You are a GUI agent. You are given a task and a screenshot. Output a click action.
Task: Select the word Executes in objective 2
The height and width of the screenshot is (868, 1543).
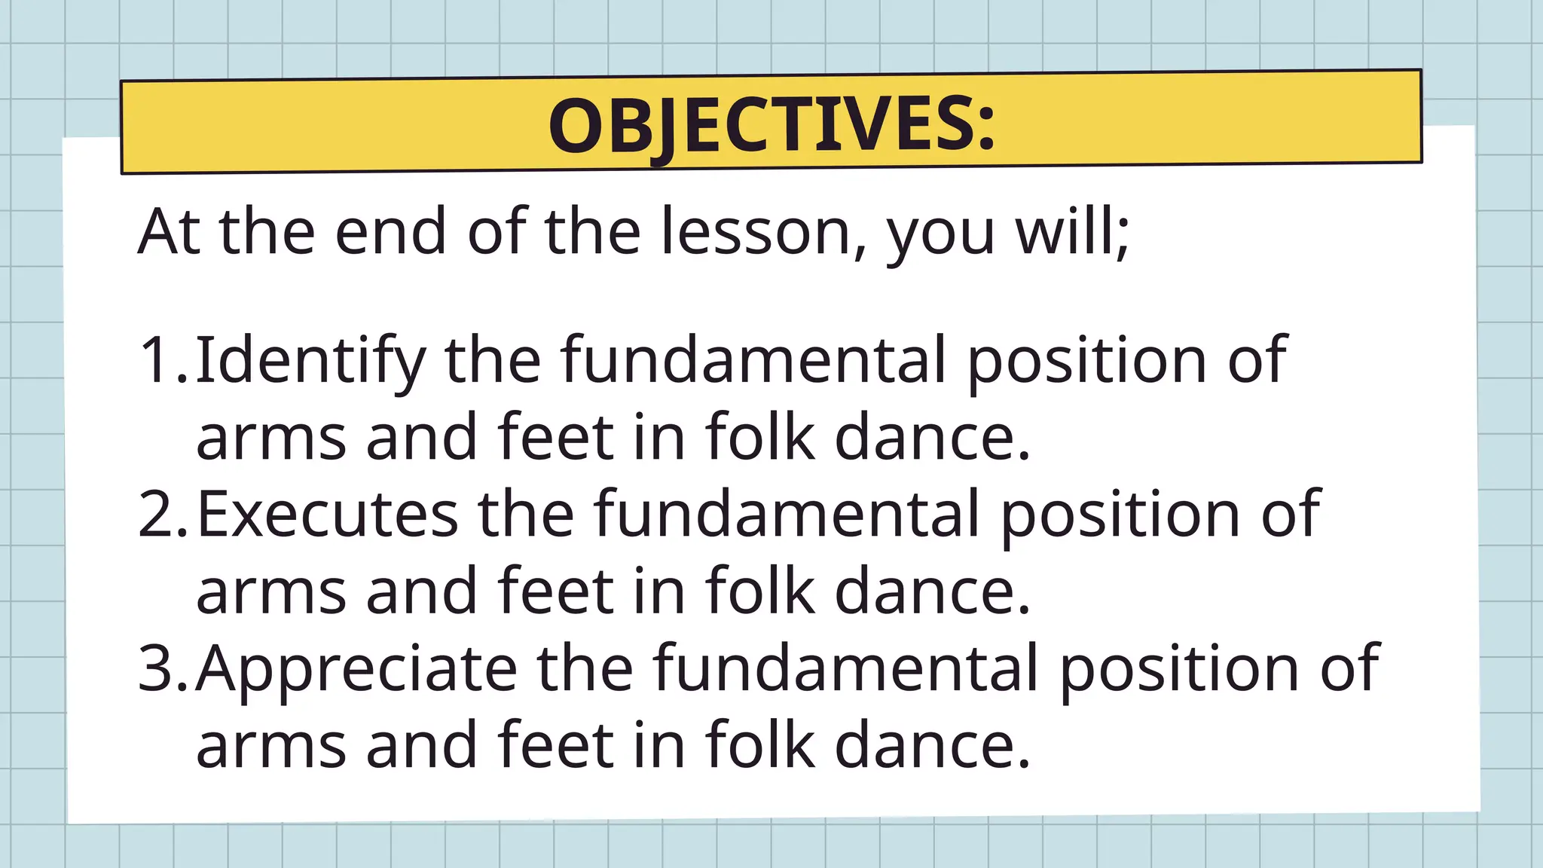[x=327, y=514]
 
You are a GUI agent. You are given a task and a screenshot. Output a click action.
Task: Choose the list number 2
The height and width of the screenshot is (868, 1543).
[x=158, y=514]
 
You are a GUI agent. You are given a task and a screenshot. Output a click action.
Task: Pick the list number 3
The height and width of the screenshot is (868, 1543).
[x=158, y=668]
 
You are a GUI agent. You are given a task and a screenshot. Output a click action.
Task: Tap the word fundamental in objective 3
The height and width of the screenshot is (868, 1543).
[x=845, y=668]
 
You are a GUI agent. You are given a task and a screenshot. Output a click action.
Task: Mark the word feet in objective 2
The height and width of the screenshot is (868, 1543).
[x=555, y=591]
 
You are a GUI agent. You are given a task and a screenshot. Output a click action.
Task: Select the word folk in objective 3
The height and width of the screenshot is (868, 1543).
[x=760, y=745]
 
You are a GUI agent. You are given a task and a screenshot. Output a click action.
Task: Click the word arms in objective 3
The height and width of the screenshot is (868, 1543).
[x=271, y=745]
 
